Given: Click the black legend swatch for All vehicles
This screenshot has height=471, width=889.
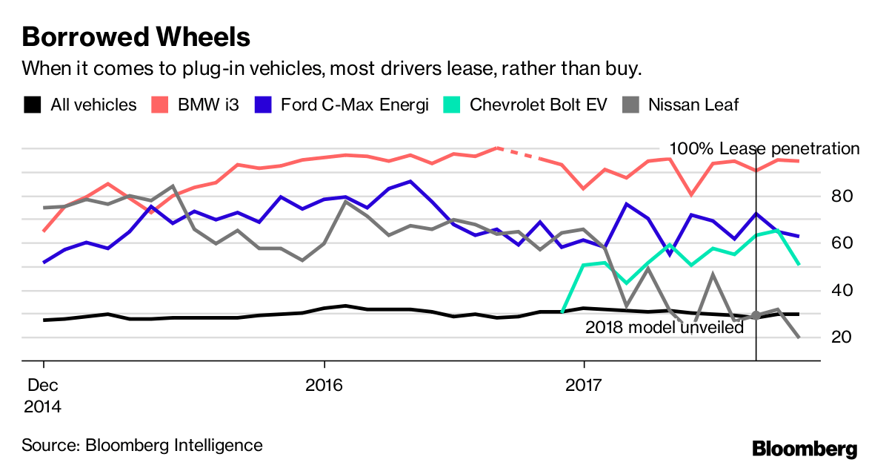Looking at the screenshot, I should tap(32, 105).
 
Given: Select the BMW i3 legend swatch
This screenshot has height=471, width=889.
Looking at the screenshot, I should tap(159, 105).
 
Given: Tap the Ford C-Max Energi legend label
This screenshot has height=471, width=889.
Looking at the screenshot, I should tap(354, 105).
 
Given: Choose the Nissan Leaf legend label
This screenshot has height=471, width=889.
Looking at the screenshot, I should tap(693, 105).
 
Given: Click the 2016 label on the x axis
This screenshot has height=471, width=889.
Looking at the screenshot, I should tap(324, 386).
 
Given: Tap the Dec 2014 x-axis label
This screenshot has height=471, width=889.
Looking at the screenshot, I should tap(44, 396).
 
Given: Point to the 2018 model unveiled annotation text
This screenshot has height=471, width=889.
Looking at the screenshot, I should tap(665, 327).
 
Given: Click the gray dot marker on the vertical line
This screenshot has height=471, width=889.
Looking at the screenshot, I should tap(756, 316).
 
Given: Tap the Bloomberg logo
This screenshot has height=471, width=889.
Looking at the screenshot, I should tap(805, 449).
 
